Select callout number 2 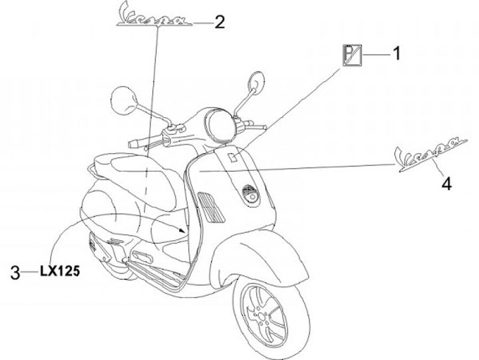218,22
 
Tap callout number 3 15,271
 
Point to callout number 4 446,182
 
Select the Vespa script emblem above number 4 427,152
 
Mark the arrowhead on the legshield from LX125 188,230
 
